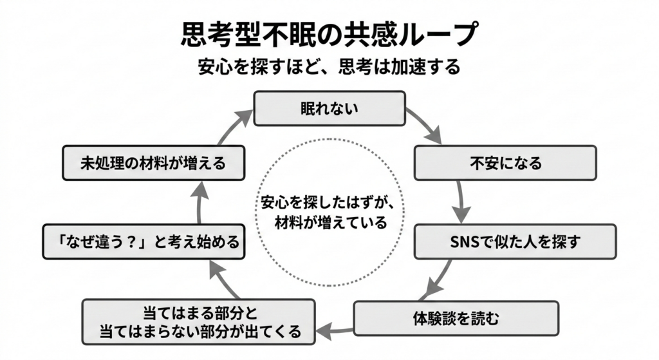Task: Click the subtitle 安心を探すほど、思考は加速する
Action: tap(329, 68)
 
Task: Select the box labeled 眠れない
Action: tap(329, 108)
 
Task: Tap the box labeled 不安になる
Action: tap(505, 162)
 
